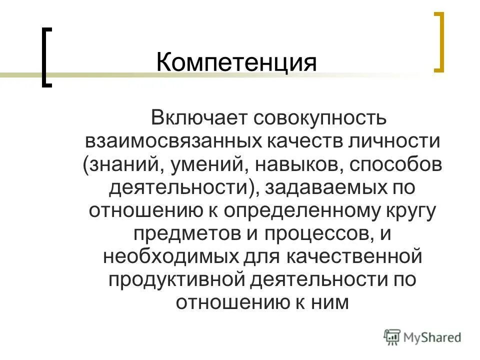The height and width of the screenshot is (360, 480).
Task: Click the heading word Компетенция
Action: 236,64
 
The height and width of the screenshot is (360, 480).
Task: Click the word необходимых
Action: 167,257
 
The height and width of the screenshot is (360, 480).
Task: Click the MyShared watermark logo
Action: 422,337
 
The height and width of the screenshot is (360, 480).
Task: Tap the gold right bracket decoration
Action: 438,42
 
